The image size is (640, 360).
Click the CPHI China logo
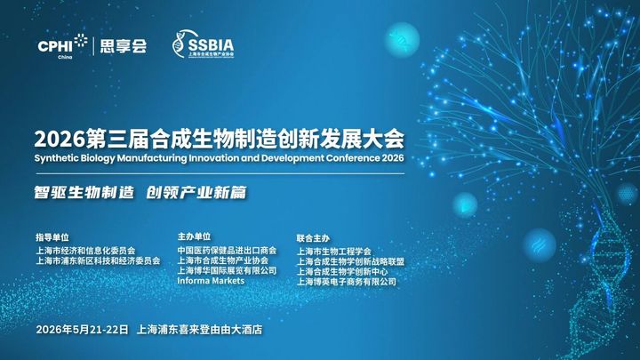62,46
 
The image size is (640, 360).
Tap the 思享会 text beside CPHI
124,46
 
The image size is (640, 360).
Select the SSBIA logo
204,44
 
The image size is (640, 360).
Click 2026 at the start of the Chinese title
60,139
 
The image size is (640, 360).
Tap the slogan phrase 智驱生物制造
84,192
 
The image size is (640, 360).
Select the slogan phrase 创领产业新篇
196,192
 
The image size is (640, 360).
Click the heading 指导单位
52,237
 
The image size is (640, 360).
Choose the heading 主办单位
195,236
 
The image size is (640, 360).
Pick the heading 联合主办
313,238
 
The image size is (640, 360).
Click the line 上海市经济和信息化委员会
85,250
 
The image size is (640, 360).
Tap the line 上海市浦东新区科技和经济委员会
98,260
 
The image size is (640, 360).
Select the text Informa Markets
211,281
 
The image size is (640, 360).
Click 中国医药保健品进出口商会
227,250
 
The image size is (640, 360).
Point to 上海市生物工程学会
334,252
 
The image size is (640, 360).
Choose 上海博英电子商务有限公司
346,282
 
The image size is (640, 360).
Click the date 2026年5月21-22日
82,330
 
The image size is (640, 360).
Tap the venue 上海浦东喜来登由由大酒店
200,330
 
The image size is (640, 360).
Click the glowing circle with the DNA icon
402,40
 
